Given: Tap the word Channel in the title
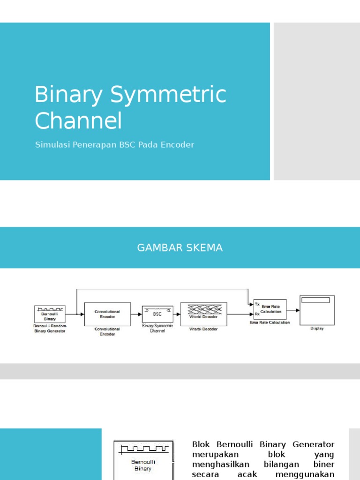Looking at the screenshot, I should (78, 120).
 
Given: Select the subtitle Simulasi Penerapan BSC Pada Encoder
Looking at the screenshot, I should (114, 145).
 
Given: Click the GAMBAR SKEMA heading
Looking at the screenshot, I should (180, 248).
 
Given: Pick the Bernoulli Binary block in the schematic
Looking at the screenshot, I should (50, 314).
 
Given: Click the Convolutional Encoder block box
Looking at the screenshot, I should (107, 314).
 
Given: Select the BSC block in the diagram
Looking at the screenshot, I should (157, 314).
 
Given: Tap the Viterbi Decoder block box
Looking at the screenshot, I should (203, 314).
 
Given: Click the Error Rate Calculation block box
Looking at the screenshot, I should (270, 309).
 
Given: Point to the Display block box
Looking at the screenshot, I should (317, 310).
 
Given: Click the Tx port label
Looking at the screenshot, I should (257, 304).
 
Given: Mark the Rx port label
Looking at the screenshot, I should (257, 314).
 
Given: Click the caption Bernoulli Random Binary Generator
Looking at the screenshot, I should (50, 328).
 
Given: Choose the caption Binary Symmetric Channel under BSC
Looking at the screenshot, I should (157, 328).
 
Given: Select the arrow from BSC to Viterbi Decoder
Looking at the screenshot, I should (177, 314).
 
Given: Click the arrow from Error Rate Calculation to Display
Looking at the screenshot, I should (293, 310).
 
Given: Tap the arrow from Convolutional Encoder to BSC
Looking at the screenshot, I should (136, 314).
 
